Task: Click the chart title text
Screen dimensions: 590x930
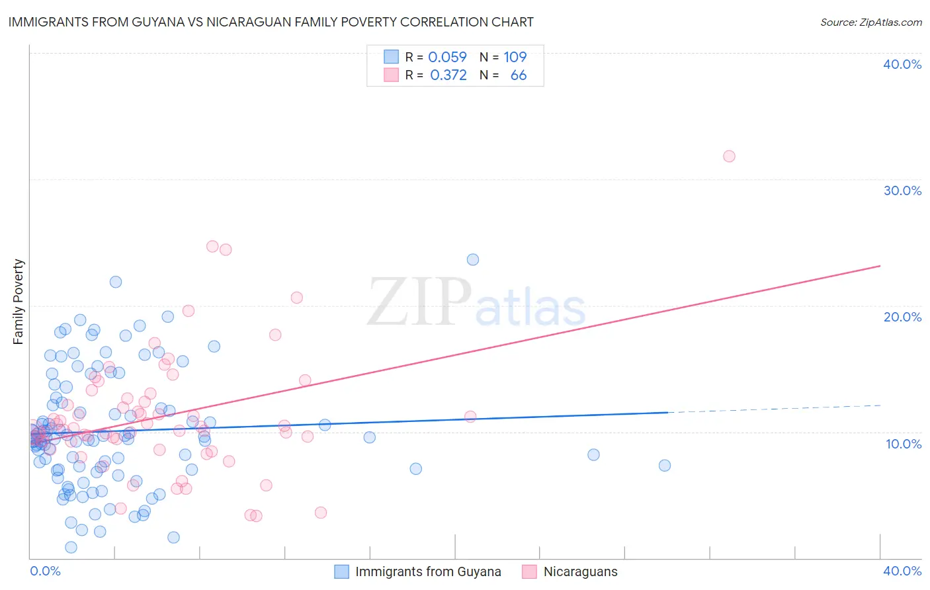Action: (271, 22)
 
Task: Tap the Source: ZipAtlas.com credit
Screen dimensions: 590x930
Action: (870, 22)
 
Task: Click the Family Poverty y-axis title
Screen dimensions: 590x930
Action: (18, 302)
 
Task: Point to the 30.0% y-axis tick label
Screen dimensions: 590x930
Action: (902, 190)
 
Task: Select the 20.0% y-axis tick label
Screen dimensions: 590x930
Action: (902, 317)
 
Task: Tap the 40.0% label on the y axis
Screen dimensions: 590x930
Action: (902, 64)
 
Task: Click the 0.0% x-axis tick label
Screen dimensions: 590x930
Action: (45, 571)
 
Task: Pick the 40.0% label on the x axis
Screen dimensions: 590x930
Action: (902, 571)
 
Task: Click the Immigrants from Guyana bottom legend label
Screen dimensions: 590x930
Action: (428, 571)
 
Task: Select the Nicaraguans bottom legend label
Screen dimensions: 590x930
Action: (580, 571)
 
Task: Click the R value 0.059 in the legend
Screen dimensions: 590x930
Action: (448, 58)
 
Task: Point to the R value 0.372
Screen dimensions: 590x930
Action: (448, 75)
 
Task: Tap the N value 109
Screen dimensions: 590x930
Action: (515, 58)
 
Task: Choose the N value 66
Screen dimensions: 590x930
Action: (519, 75)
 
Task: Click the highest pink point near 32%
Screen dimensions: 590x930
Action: (729, 156)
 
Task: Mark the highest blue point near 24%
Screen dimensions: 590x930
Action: (473, 259)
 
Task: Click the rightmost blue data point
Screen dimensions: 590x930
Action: (665, 466)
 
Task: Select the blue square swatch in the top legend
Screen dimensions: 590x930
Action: (392, 57)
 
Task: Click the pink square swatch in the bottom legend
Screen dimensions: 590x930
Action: (529, 571)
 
